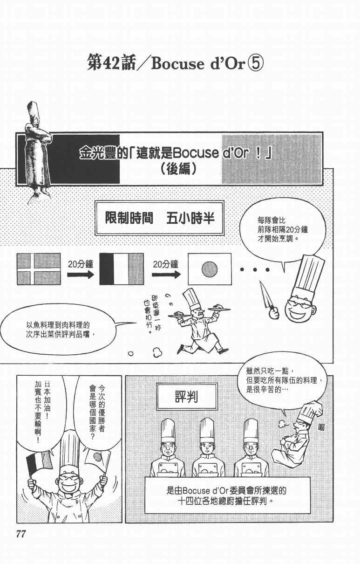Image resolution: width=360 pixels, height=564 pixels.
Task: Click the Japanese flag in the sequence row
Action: click(209, 268)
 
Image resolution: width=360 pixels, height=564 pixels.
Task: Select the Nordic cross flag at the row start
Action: click(38, 268)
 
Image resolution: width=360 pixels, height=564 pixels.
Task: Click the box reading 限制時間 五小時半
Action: click(159, 219)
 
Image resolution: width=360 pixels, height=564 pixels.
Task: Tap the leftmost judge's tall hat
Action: click(168, 429)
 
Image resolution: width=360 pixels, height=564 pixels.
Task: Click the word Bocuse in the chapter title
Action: click(174, 64)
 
